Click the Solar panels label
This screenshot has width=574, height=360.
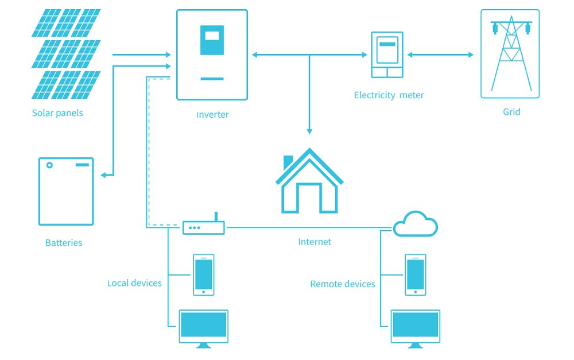[57, 113]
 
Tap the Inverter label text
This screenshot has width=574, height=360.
[212, 115]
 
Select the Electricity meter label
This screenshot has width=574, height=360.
[389, 95]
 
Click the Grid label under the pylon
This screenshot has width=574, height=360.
[511, 112]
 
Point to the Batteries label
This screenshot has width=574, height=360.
[64, 243]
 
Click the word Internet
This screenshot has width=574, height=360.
[315, 242]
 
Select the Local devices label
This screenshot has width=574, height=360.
[135, 283]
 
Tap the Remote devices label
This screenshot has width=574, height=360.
[343, 284]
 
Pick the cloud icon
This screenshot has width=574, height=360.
[416, 224]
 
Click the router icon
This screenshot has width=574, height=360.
[204, 227]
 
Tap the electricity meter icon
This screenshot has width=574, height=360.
[387, 55]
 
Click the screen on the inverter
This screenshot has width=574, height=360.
[212, 40]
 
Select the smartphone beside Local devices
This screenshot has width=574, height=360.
[203, 274]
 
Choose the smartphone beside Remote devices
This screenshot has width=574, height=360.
[416, 274]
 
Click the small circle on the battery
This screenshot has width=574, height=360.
[49, 165]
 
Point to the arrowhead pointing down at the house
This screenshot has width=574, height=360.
[309, 131]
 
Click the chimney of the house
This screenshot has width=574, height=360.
[288, 161]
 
